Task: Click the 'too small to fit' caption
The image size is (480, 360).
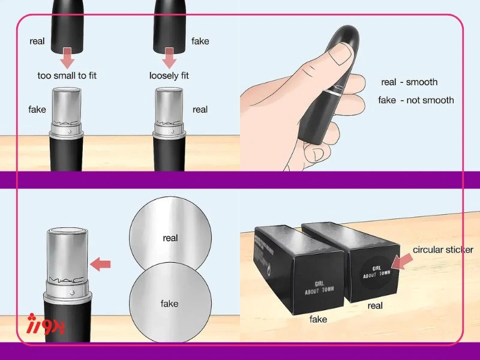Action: point(67,76)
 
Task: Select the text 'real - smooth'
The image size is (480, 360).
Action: point(409,82)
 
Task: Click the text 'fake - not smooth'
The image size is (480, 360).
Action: point(416,100)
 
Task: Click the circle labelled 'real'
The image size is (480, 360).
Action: point(170,238)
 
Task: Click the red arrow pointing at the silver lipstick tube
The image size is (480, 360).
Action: point(100,263)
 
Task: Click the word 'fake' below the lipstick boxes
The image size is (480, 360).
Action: point(319,320)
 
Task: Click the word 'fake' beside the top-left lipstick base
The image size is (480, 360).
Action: point(37,110)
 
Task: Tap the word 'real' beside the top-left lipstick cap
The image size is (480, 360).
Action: point(38,41)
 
